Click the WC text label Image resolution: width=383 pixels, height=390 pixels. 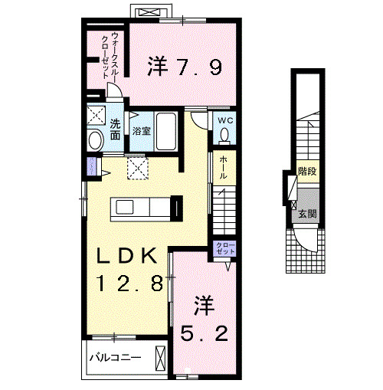tap(225, 121)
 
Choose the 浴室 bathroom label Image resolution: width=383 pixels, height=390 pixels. tap(141, 131)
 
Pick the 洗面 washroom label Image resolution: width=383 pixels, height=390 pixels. tap(115, 130)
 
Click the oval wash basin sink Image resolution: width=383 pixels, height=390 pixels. tap(95, 140)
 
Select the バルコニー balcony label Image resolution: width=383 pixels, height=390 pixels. tap(115, 358)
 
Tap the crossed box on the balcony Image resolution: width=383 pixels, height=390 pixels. tap(160, 358)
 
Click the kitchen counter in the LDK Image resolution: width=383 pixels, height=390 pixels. tap(142, 207)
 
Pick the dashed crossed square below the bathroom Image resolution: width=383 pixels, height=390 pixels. tap(138, 168)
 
